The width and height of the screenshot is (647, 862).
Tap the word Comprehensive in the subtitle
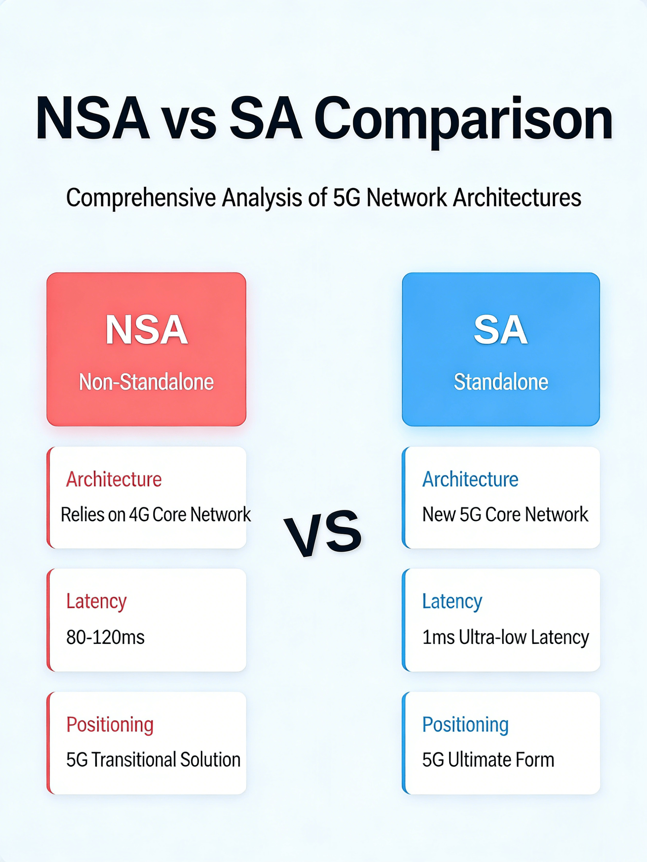141,198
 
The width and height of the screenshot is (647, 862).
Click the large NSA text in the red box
146,330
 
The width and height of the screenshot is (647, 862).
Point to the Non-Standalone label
146,382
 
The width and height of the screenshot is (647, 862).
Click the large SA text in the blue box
500,330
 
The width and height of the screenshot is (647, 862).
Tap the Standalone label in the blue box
501,382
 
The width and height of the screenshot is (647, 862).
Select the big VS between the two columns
323,533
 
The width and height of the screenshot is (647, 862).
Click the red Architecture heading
113,479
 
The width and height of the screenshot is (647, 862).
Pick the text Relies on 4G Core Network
155,515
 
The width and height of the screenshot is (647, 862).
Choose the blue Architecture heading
470,479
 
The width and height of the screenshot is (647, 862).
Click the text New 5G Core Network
505,515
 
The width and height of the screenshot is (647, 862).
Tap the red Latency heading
96,601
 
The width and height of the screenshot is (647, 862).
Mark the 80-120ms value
105,637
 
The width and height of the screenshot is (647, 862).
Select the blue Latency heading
452,601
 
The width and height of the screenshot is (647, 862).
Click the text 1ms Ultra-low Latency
505,637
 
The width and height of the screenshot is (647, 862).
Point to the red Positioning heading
109,725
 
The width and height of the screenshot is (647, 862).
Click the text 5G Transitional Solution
153,760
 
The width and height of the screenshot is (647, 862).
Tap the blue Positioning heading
465,725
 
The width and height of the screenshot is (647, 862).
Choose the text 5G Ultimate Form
488,760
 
